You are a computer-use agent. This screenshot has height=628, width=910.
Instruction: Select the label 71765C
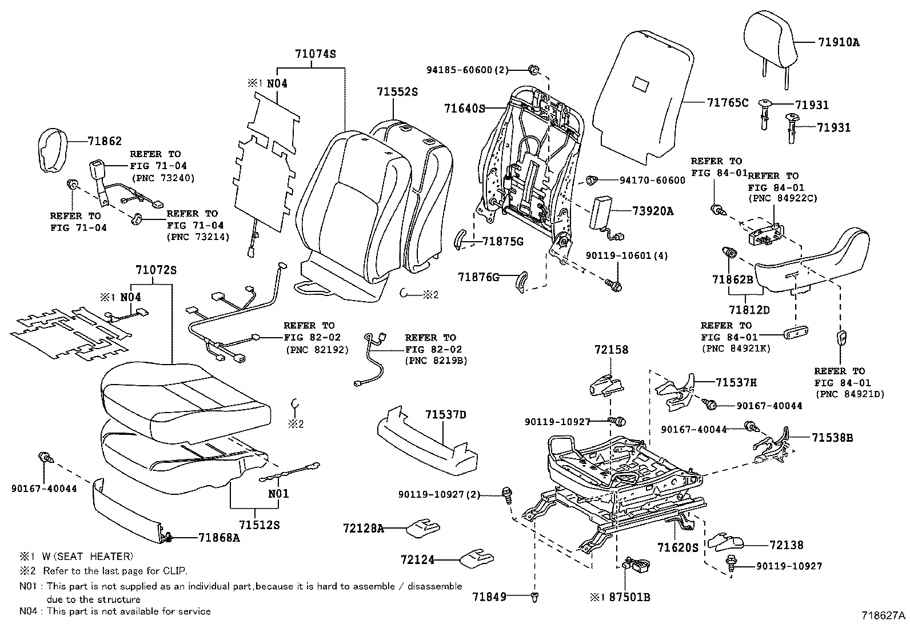tap(728, 103)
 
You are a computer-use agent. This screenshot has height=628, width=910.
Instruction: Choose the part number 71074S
tap(315, 54)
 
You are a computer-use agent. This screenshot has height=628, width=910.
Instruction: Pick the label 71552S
tap(397, 91)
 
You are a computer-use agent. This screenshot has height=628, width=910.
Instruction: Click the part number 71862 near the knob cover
tap(105, 141)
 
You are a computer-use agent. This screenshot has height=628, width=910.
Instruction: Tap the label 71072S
tap(156, 270)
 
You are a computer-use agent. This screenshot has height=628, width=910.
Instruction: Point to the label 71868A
tap(219, 537)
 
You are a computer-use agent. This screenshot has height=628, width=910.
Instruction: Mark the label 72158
tap(610, 349)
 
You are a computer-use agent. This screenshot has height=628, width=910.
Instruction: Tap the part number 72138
tap(786, 545)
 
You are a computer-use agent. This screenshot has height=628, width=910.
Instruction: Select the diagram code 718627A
tap(884, 616)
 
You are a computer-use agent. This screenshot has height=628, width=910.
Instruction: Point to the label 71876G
tap(478, 277)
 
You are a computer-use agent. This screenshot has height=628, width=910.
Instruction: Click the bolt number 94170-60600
tap(652, 181)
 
